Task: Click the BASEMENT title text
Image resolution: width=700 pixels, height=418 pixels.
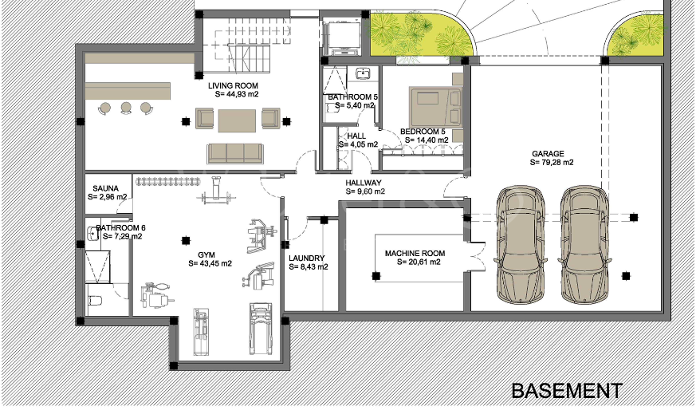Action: [x=567, y=391]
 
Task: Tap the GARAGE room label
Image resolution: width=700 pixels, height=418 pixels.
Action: [x=548, y=154]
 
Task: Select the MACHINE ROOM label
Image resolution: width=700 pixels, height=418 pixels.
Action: [x=415, y=254]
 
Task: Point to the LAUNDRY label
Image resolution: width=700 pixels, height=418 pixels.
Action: [x=307, y=258]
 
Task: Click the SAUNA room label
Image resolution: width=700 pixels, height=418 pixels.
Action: [x=106, y=188]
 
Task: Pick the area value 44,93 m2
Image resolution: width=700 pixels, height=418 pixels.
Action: [x=237, y=94]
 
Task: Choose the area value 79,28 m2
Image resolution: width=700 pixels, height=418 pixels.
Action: [x=552, y=163]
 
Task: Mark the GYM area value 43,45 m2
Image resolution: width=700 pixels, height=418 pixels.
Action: [x=210, y=263]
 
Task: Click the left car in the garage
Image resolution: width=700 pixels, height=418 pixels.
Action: [x=521, y=245]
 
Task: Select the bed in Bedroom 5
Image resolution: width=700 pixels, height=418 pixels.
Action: [x=435, y=107]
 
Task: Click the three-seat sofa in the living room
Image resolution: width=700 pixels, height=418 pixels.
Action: [x=235, y=153]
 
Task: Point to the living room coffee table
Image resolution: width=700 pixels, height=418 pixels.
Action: [x=237, y=120]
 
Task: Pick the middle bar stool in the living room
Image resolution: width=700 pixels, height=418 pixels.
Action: [x=126, y=108]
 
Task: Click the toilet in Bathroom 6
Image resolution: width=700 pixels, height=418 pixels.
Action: [x=95, y=300]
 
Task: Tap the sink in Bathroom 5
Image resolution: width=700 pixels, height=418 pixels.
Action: [x=363, y=73]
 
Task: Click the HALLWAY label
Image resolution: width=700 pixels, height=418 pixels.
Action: [x=364, y=183]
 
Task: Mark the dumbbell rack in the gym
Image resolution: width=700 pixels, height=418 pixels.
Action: [x=167, y=181]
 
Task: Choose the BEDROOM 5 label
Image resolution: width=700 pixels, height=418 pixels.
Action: [x=423, y=132]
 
